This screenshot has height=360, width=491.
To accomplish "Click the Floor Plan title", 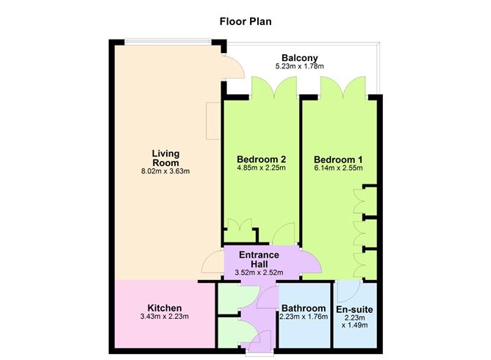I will tap(246, 21).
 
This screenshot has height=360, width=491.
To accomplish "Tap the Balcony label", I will tap(299, 57).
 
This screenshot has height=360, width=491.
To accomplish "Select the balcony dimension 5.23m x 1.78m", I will tap(299, 67).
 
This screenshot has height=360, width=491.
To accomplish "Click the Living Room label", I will tap(165, 158).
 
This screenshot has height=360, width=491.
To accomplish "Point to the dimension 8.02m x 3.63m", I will tap(165, 173).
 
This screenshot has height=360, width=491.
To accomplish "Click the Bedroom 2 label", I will tap(261, 159).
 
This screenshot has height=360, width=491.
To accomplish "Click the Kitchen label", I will tap(165, 308).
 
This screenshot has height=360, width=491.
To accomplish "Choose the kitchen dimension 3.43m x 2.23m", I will tap(165, 317).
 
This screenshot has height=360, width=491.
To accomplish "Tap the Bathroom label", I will tap(303, 308).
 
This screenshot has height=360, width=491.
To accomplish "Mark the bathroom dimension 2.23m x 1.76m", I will tap(303, 317).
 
